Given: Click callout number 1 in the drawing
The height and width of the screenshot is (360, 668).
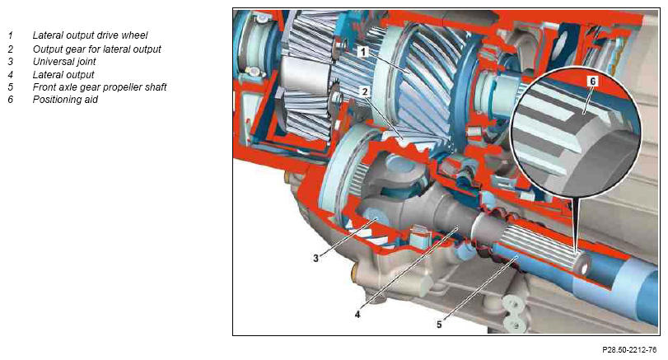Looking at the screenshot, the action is (362, 52).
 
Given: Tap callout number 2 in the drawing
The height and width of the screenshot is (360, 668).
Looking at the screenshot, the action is (365, 91).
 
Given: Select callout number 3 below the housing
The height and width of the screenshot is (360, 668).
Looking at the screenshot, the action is (315, 258).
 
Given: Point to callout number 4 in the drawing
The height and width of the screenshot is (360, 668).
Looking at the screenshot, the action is (357, 315).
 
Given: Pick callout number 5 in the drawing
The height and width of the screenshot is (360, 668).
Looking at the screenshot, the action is (439, 325).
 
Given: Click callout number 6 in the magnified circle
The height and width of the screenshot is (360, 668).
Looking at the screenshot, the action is (592, 81).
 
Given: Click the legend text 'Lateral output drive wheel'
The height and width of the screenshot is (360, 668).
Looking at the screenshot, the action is (91, 35).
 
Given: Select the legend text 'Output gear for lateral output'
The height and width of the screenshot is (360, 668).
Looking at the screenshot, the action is (97, 49).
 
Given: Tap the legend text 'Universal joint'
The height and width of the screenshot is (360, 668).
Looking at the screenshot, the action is (64, 61).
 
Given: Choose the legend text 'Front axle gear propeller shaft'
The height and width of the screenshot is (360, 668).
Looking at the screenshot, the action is (100, 87).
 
